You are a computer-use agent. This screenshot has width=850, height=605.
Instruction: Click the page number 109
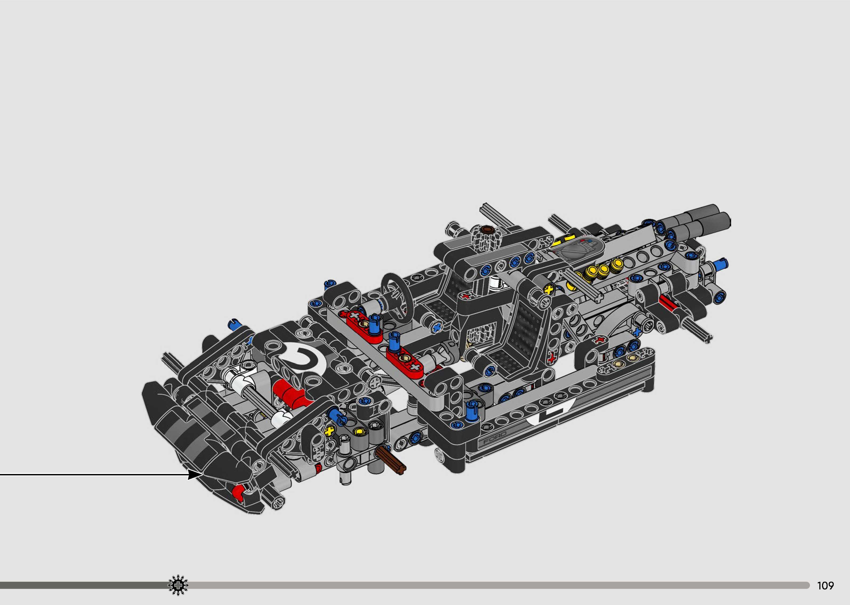(825, 586)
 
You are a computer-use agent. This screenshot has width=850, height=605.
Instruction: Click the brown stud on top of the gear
(486, 228)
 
